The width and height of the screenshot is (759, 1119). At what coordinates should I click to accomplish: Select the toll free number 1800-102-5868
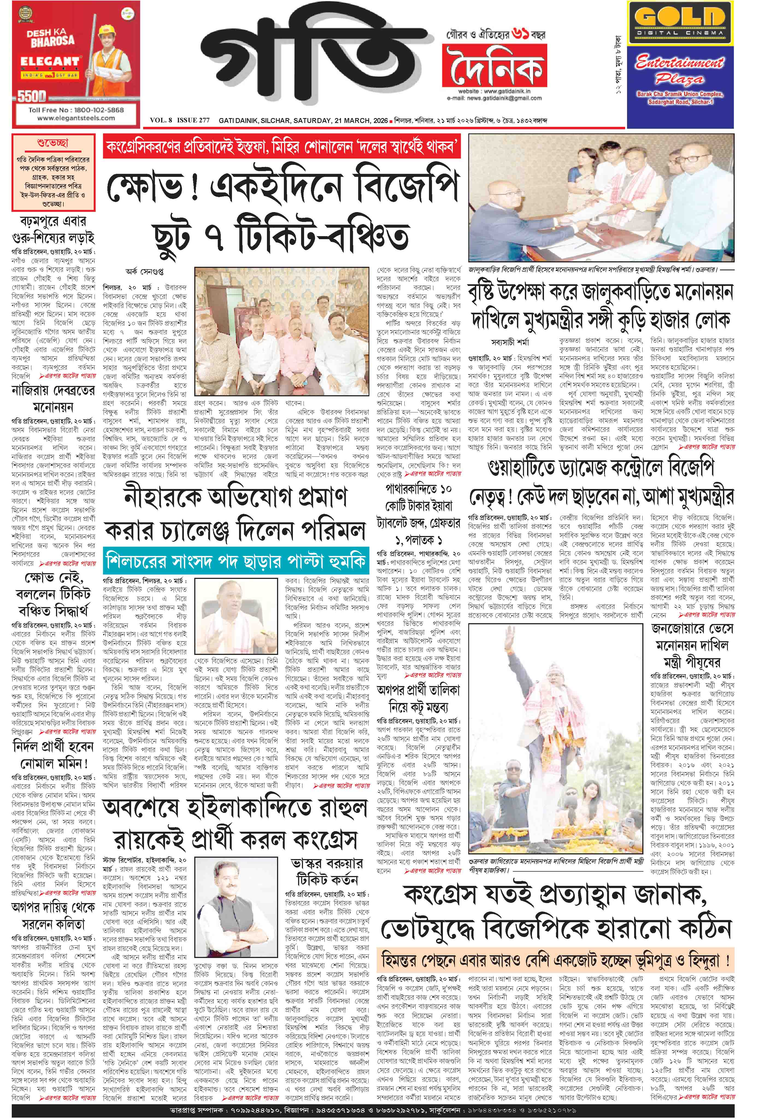pos(76,110)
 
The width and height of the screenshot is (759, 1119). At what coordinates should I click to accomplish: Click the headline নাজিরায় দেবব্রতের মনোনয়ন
pos(53,399)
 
